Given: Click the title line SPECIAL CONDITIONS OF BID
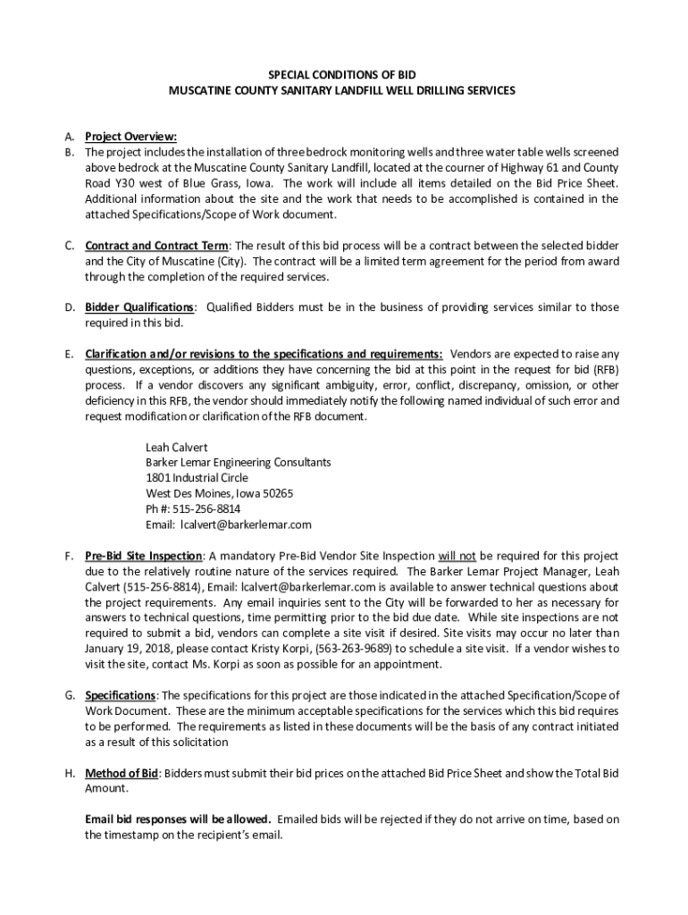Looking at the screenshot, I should (343, 74).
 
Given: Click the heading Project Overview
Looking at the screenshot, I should (130, 137).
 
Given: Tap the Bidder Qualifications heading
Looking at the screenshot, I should (138, 307).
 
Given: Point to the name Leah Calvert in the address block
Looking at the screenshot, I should (176, 446).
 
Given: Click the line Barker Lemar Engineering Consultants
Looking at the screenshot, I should (238, 462).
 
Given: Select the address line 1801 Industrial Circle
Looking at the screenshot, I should (197, 477).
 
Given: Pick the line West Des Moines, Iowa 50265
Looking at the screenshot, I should (219, 493).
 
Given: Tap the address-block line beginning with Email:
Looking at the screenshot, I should (228, 525).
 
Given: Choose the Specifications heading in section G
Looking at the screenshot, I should (121, 695).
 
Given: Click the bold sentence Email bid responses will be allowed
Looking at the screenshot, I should (178, 819).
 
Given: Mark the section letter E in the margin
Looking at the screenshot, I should (68, 354).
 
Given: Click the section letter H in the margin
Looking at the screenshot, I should (69, 773).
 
